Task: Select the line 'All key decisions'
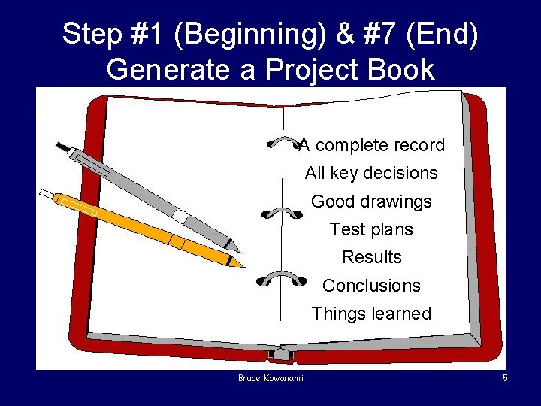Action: coord(371,173)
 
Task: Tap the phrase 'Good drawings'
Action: coord(371,201)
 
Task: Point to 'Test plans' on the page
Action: coord(371,229)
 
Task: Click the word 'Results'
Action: coord(371,257)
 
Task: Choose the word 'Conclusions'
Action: coord(371,286)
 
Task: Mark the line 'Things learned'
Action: coord(371,314)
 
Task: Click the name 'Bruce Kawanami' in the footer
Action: coord(271,378)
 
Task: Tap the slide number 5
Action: coord(505,378)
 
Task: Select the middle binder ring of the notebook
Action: coord(281,212)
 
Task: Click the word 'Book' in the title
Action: coord(403,70)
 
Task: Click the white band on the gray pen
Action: coord(180,216)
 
